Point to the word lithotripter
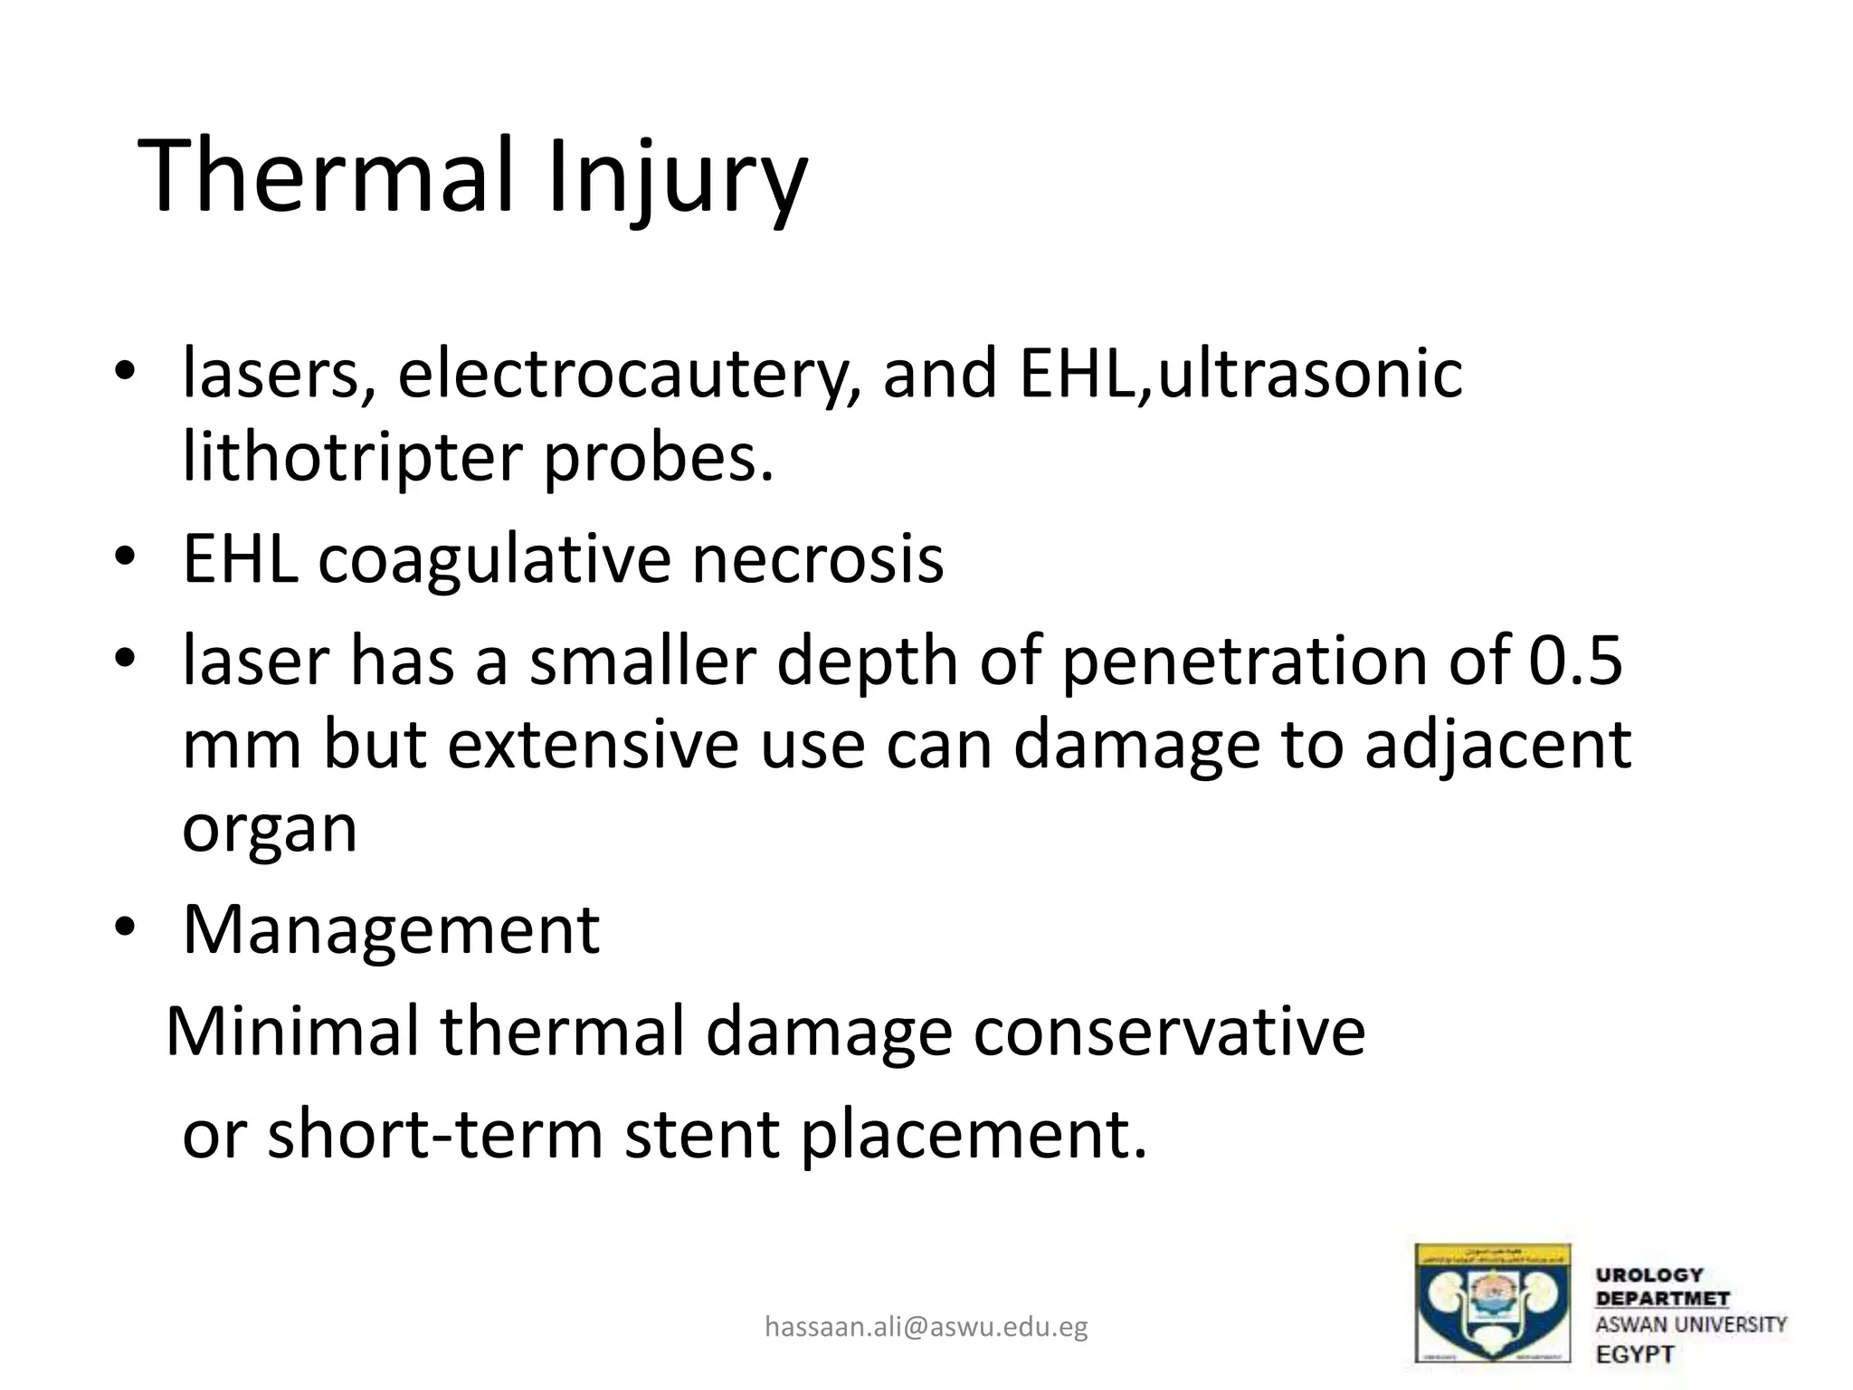[352, 458]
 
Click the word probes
[658, 458]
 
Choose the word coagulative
[493, 558]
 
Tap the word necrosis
[818, 558]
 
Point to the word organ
[270, 831]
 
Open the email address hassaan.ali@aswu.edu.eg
[926, 1327]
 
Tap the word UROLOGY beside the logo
[1649, 1275]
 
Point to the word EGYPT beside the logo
[1635, 1355]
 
